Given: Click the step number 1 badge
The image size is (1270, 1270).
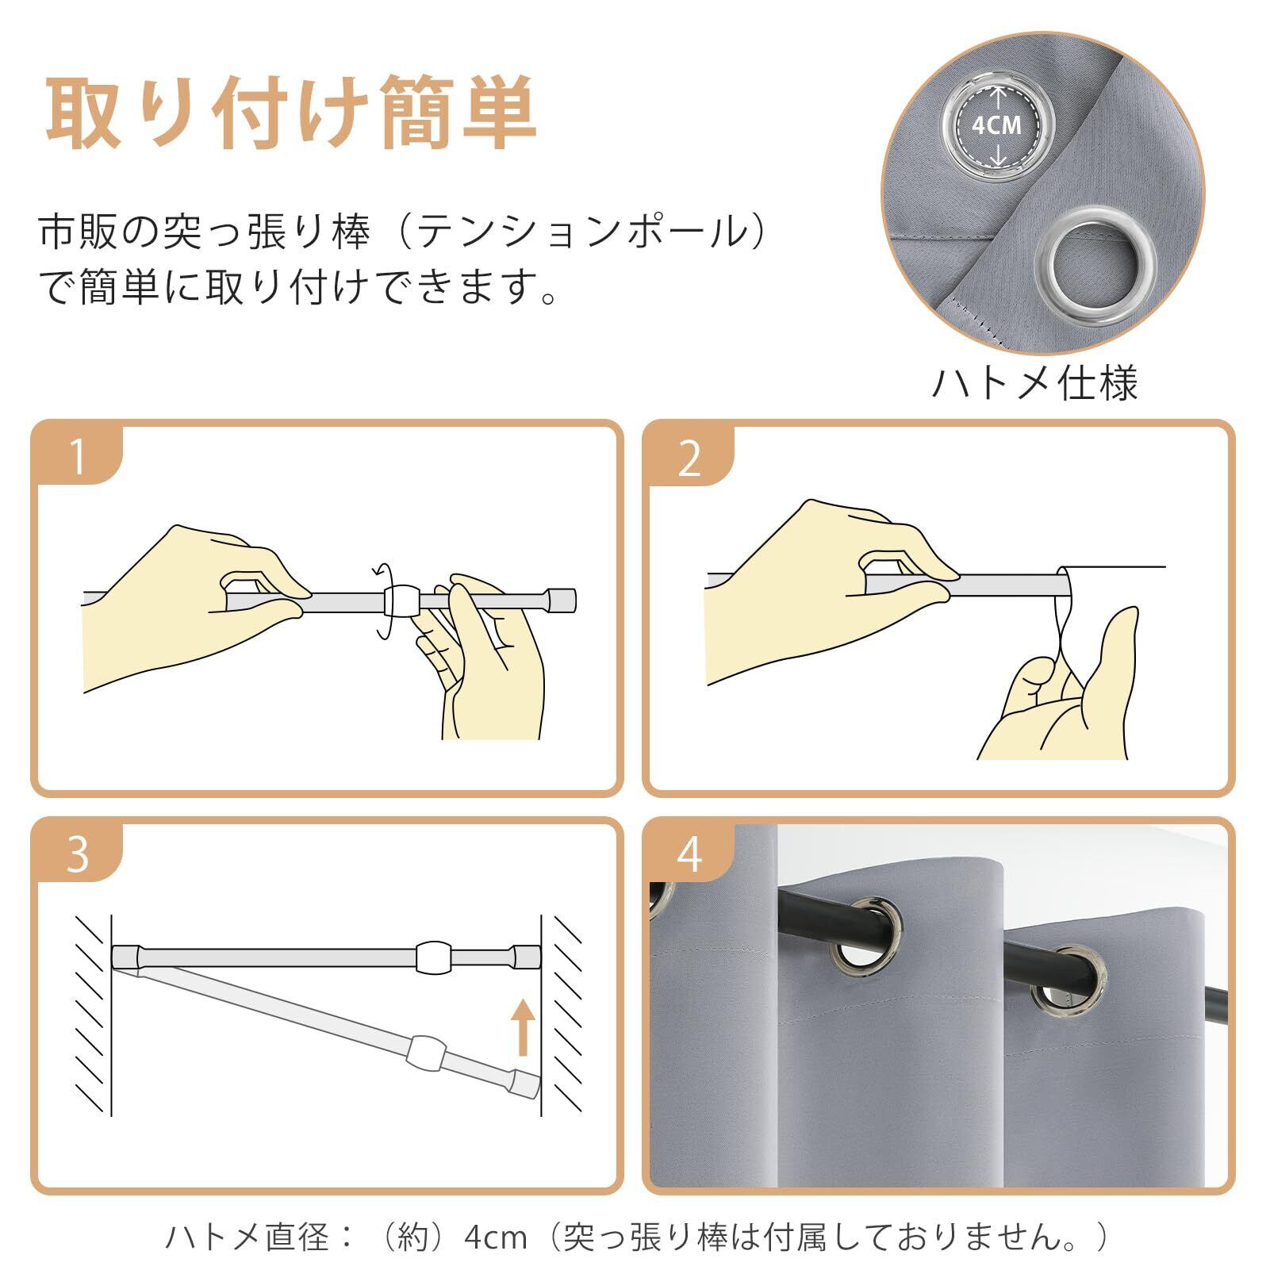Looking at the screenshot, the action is click(x=77, y=458).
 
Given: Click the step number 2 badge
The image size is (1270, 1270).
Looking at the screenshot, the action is click(x=689, y=458).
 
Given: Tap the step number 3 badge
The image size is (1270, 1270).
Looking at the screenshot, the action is click(x=77, y=855).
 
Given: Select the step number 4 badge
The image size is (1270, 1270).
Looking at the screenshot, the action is click(x=689, y=855).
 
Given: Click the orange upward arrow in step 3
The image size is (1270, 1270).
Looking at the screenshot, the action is click(x=522, y=1027).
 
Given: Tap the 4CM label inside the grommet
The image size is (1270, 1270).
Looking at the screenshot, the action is click(x=996, y=125).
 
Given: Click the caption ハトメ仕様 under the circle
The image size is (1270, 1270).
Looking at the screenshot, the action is click(x=1034, y=382).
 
